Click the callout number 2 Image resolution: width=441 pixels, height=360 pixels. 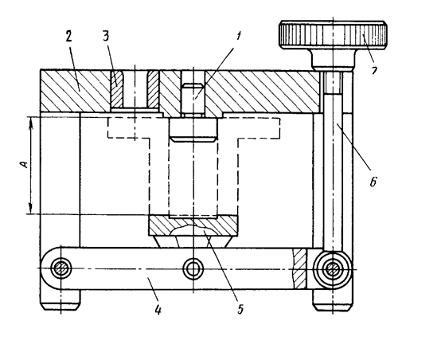[69, 36]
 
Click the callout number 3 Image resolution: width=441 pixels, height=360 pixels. [106, 36]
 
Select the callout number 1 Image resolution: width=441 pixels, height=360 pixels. [239, 37]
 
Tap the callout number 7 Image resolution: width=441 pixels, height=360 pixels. [374, 70]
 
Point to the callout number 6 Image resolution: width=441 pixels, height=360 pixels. [373, 182]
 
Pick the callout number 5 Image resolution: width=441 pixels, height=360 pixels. [240, 309]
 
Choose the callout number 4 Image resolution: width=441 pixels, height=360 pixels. [158, 310]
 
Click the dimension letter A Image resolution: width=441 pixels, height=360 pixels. [25, 164]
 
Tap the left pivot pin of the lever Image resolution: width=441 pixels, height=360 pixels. [60, 268]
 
